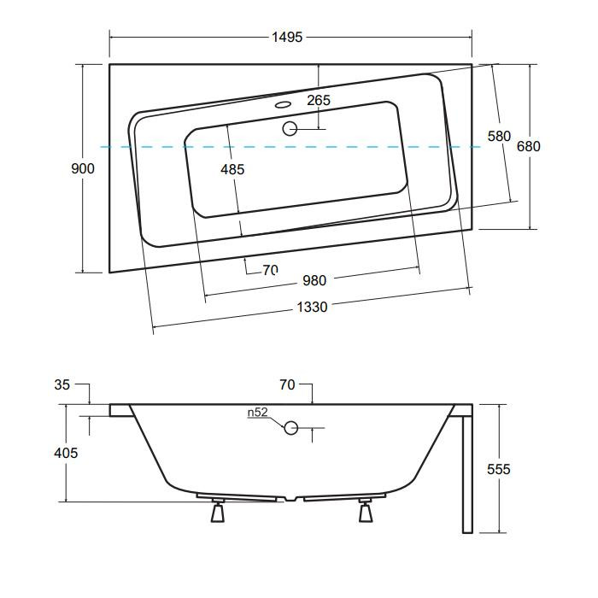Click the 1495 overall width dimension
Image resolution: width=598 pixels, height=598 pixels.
[x=287, y=37]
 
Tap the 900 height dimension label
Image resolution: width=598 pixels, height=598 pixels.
[x=83, y=168]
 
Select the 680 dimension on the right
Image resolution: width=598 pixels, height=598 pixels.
[x=529, y=146]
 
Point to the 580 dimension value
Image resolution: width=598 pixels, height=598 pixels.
[x=499, y=136]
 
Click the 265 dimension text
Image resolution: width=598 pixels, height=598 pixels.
[x=319, y=100]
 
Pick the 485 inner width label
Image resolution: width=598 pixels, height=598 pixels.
[x=232, y=169]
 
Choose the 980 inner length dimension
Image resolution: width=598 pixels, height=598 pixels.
[x=314, y=281]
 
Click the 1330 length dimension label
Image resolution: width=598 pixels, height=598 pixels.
[x=312, y=307]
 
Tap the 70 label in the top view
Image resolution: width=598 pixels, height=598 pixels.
[x=270, y=270]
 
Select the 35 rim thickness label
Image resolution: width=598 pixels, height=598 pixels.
[x=62, y=384]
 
